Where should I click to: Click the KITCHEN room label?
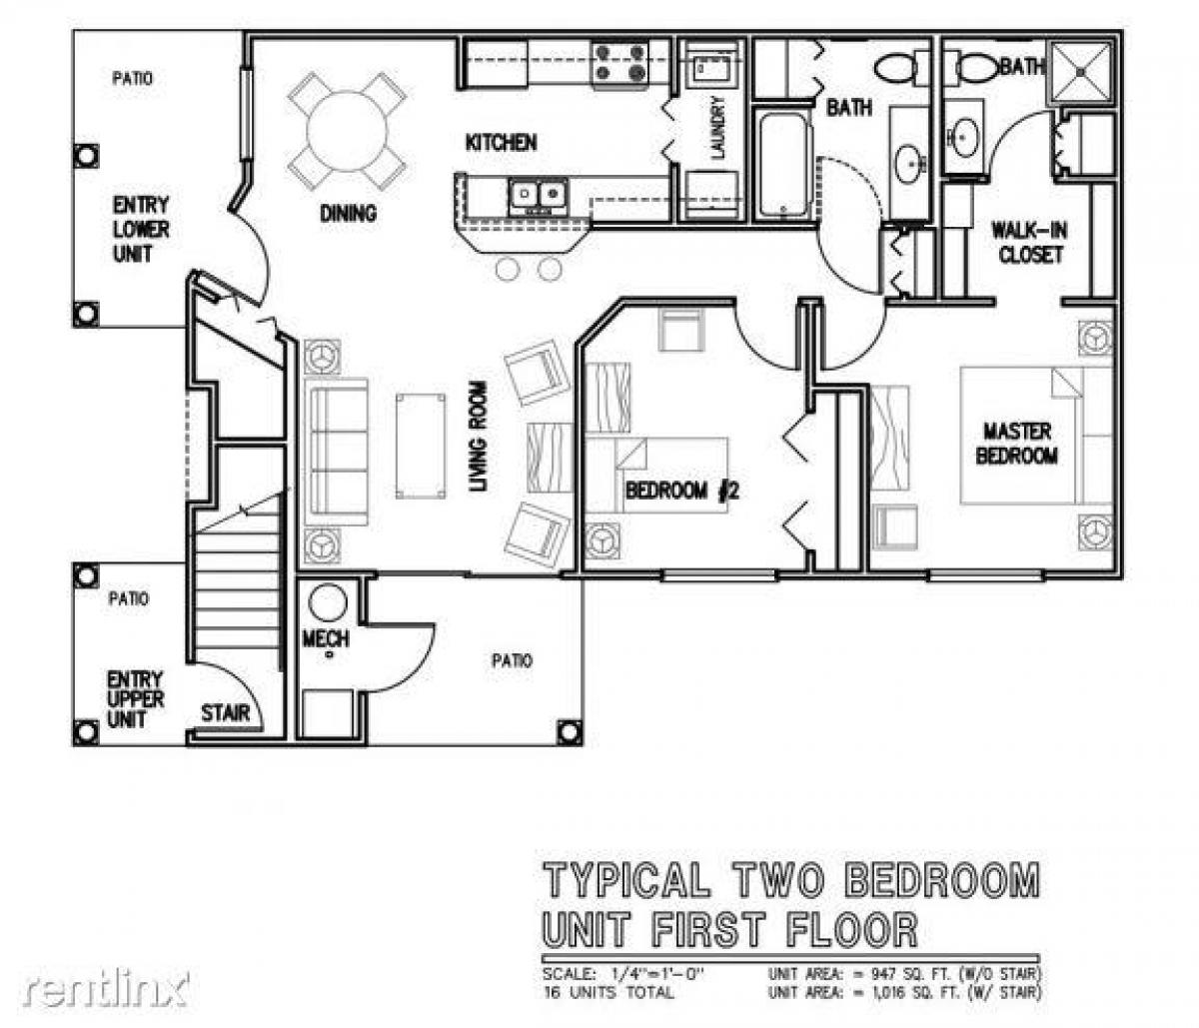point(501,143)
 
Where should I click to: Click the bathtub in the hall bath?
point(782,165)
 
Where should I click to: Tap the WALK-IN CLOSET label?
point(1028,243)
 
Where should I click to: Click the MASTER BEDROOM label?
point(1016,444)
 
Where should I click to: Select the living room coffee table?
point(421,445)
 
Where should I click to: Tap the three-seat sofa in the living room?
point(337,451)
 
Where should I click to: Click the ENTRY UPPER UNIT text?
point(136,700)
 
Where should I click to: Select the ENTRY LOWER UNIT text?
point(140,229)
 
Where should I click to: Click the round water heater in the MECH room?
point(327,602)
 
